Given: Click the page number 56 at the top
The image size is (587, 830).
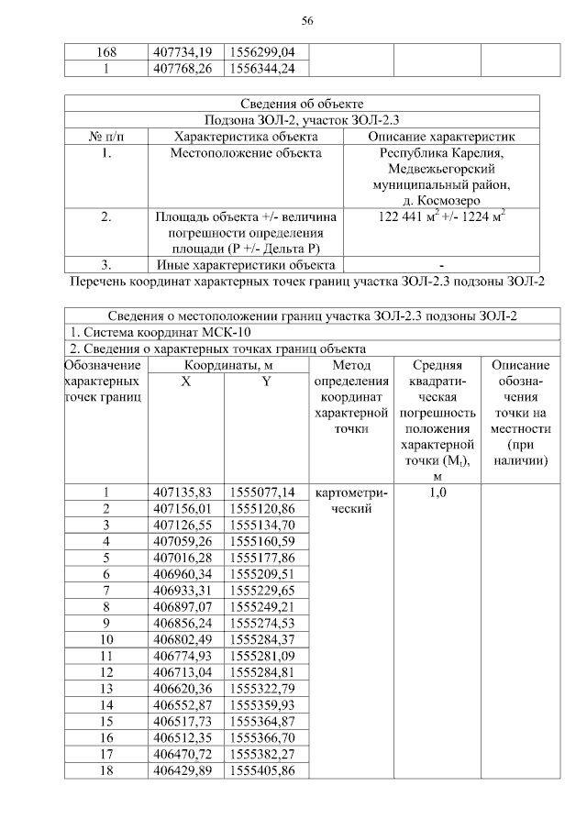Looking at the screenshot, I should [307, 21].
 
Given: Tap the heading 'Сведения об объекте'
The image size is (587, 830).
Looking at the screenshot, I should [301, 104].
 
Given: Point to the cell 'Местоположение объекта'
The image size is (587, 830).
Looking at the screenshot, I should [246, 153].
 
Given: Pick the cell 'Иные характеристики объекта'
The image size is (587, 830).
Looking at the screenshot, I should [246, 266].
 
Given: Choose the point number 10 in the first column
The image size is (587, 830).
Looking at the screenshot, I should [106, 638].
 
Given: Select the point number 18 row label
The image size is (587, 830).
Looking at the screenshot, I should [106, 769].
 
